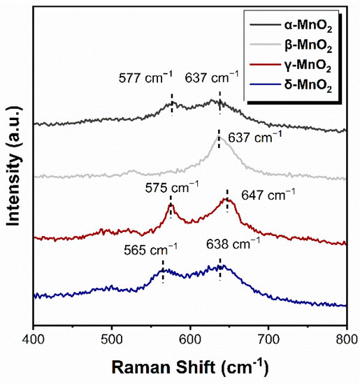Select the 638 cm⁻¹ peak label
(x=234, y=244)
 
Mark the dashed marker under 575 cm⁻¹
(x=171, y=209)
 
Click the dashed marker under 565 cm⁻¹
(x=163, y=271)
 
